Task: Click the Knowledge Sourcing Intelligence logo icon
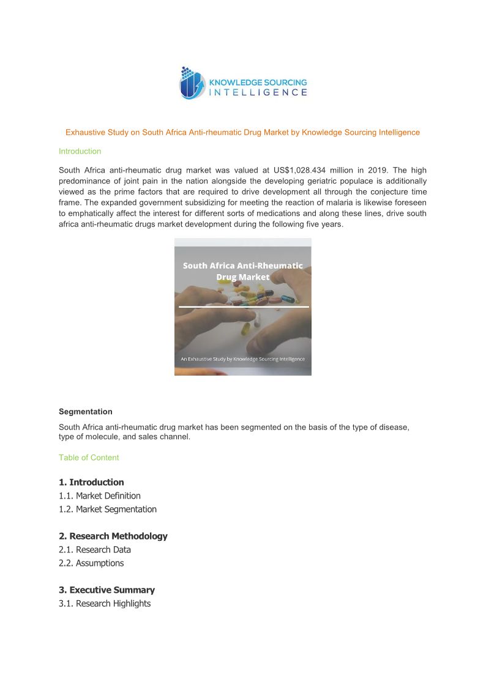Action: pyautogui.click(x=192, y=83)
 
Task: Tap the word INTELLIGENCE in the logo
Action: pyautogui.click(x=258, y=92)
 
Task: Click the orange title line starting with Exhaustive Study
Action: pyautogui.click(x=242, y=132)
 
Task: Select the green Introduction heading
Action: pyautogui.click(x=80, y=151)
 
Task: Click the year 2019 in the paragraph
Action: pyautogui.click(x=378, y=170)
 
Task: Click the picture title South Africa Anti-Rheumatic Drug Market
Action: pyautogui.click(x=242, y=271)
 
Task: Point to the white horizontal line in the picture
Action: pyautogui.click(x=243, y=306)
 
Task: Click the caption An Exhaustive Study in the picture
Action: pyautogui.click(x=242, y=359)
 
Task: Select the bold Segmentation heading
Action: pyautogui.click(x=85, y=412)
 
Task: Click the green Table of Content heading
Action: pyautogui.click(x=89, y=458)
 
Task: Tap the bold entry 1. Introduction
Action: pyautogui.click(x=91, y=482)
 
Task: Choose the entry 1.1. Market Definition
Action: pyautogui.click(x=99, y=496)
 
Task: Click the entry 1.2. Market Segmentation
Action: pyautogui.click(x=107, y=509)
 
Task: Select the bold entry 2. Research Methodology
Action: pyautogui.click(x=113, y=536)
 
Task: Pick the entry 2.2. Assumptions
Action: pyautogui.click(x=91, y=563)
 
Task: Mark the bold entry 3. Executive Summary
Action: pyautogui.click(x=107, y=590)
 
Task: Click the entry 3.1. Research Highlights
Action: pyautogui.click(x=104, y=603)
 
